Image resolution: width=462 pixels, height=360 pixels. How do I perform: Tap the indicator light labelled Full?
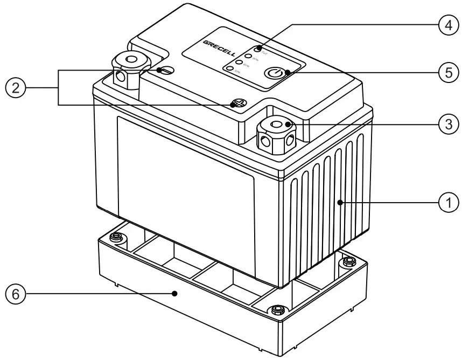258,50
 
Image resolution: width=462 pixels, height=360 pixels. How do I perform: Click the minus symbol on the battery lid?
167,71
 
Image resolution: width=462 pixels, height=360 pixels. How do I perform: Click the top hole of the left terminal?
130,59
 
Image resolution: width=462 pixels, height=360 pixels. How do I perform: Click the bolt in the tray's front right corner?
278,309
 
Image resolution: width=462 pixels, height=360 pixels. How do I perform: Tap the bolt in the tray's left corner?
114,237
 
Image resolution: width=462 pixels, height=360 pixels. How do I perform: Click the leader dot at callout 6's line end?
174,294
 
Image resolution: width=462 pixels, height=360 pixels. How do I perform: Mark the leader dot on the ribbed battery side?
340,203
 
